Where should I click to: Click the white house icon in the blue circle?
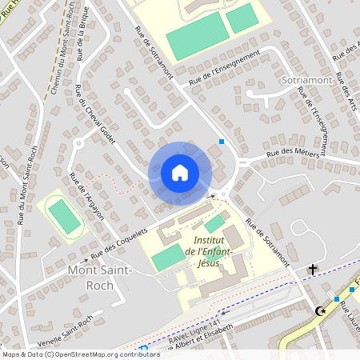click(180, 172)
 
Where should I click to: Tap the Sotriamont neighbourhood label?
click(306, 81)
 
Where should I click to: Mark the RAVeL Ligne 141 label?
click(185, 338)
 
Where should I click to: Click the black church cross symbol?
click(311, 270)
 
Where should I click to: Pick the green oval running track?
click(60, 216)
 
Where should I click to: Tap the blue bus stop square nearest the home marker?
click(222, 142)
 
